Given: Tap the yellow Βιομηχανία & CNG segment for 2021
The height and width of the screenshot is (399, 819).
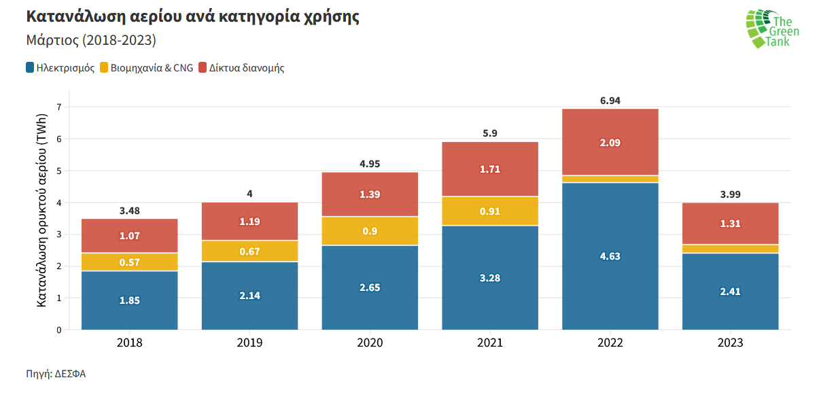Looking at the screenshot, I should (489, 211).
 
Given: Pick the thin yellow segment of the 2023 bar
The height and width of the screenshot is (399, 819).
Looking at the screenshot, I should (730, 249).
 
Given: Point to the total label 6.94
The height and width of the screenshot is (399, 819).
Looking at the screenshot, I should (610, 100).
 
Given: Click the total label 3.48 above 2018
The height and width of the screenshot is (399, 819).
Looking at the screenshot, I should (129, 210).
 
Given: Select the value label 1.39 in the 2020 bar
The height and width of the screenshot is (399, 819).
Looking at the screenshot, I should (370, 194).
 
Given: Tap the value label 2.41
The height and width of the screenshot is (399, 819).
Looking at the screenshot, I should (730, 292).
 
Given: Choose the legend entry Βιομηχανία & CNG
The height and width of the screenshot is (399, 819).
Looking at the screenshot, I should (146, 68).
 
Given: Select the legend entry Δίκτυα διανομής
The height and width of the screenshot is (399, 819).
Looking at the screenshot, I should (241, 68).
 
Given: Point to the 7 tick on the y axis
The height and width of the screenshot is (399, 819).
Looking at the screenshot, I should (58, 107).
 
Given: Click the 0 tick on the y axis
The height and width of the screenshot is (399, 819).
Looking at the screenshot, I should (58, 330).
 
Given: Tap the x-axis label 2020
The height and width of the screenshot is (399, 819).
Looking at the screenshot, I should (370, 343).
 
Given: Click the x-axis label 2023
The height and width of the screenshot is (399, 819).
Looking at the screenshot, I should (730, 343).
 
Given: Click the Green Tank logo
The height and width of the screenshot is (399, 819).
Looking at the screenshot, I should (772, 28).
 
